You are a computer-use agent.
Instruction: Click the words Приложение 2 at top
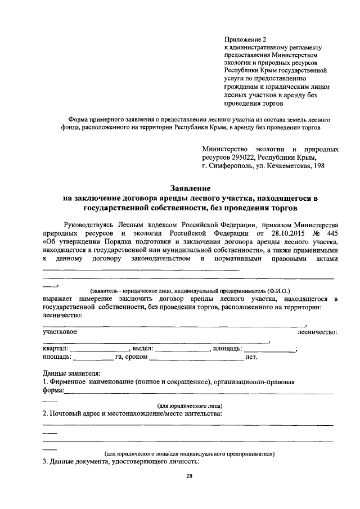[244, 39]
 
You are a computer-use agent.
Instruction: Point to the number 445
[331, 232]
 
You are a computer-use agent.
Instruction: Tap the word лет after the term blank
[251, 357]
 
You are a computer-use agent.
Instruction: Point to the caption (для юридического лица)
[189, 406]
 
